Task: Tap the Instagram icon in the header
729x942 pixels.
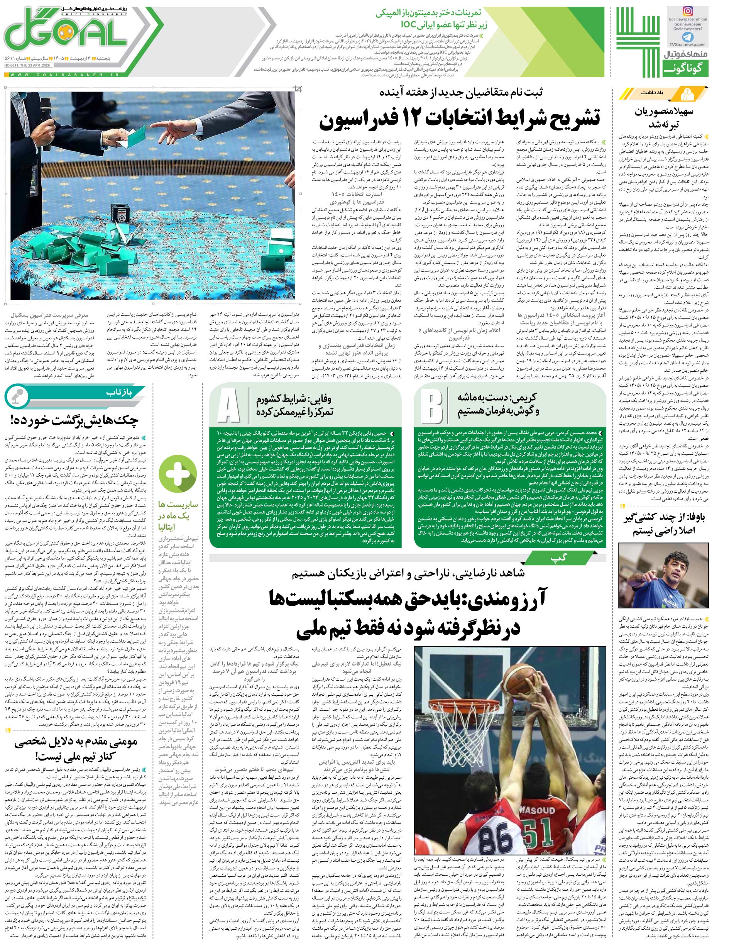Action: point(688,12)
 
